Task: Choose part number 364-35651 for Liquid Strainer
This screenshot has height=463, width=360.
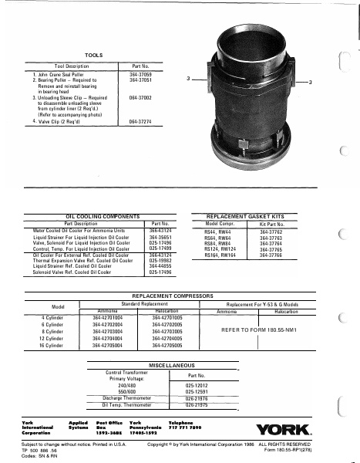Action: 159,237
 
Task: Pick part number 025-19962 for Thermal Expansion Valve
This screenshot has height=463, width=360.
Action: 159,260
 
